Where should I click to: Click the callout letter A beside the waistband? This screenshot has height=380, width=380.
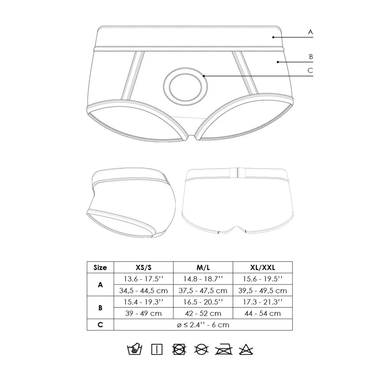point(310,32)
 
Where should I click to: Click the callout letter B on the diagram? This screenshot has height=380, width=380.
point(311,57)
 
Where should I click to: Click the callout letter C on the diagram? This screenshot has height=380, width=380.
point(310,71)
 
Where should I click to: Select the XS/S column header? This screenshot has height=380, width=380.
point(144,268)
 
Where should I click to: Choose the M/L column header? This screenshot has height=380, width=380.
point(203,268)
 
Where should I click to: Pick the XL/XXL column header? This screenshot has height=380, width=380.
point(263,268)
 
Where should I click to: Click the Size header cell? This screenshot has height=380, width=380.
point(100,268)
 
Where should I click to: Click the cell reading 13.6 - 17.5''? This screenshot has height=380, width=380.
point(144,279)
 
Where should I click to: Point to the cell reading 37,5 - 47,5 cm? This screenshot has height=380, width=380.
point(203,290)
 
